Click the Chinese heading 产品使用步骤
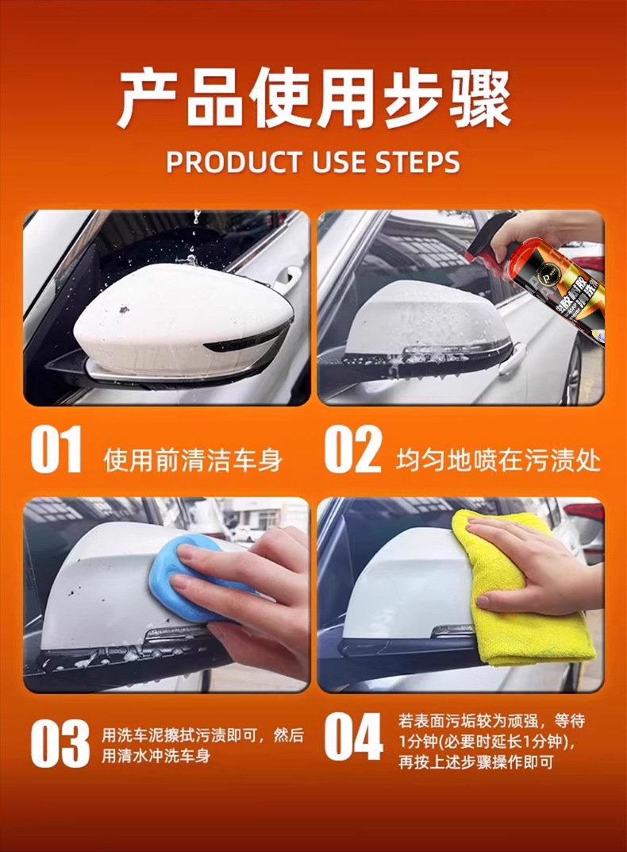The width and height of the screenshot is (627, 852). tap(313, 98)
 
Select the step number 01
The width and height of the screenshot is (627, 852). tap(56, 449)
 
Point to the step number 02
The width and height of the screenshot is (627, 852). tap(353, 449)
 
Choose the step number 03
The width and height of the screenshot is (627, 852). tap(60, 742)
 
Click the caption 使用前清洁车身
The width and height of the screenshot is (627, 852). tap(193, 461)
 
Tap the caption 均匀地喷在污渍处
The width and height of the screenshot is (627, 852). tap(498, 461)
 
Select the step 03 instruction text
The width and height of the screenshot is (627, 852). tap(202, 746)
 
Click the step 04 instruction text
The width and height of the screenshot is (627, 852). tap(492, 742)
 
